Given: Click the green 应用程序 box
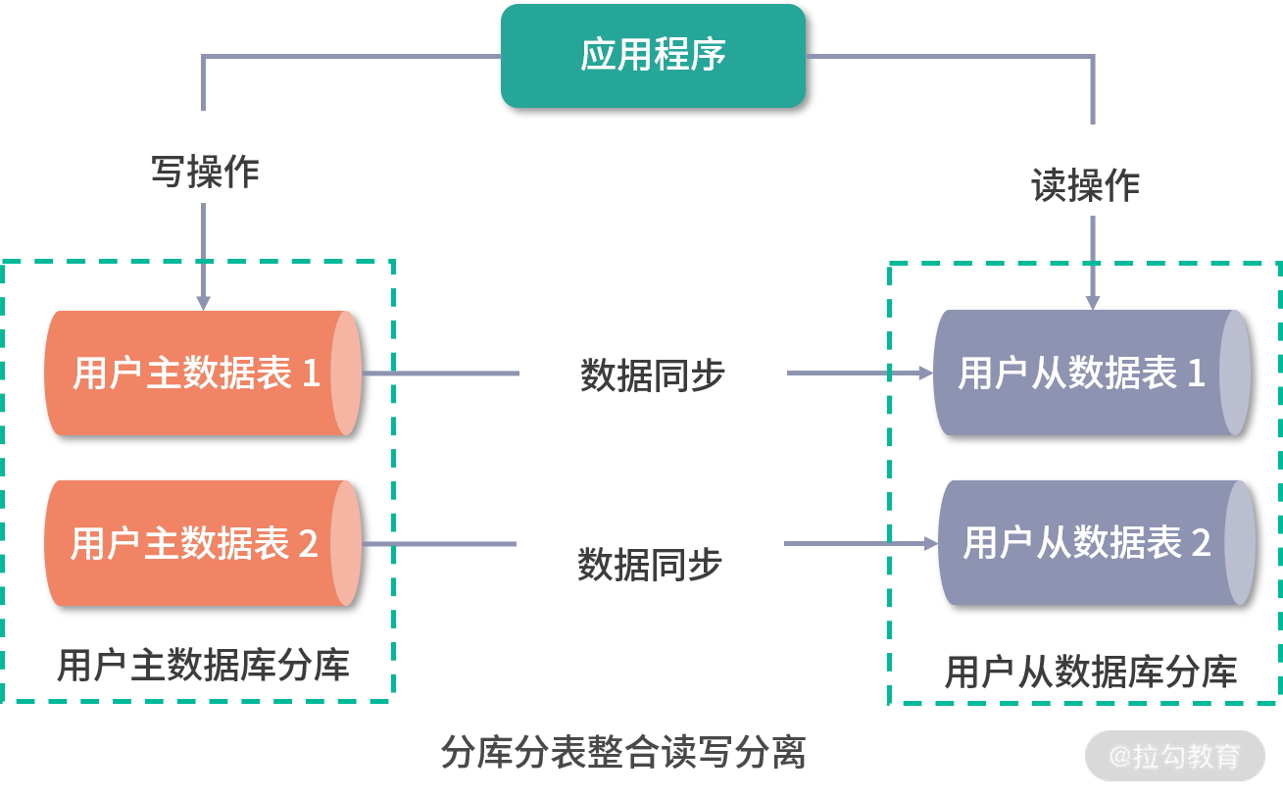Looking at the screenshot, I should pyautogui.click(x=653, y=55).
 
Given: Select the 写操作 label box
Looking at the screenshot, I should pyautogui.click(x=204, y=158).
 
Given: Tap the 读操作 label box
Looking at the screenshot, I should pyautogui.click(x=1085, y=171).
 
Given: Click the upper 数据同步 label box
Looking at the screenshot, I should pyautogui.click(x=653, y=361).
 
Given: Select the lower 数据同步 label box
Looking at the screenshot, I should pyautogui.click(x=650, y=550).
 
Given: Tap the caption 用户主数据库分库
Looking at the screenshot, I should pyautogui.click(x=203, y=666).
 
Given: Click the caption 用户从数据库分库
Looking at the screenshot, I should pyautogui.click(x=1090, y=672).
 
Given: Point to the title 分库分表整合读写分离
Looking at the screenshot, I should pyautogui.click(x=623, y=753).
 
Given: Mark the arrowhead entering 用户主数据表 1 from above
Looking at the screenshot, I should pyautogui.click(x=203, y=302).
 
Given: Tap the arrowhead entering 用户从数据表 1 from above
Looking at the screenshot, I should pyautogui.click(x=1093, y=302).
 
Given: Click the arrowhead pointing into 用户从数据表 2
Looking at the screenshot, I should pyautogui.click(x=931, y=543).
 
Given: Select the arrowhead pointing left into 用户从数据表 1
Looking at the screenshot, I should pyautogui.click(x=925, y=373).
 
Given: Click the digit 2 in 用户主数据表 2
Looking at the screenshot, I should pyautogui.click(x=308, y=543).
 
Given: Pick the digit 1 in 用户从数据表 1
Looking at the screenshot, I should pyautogui.click(x=1196, y=373).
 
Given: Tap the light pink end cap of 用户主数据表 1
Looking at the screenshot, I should pyautogui.click(x=346, y=373).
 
